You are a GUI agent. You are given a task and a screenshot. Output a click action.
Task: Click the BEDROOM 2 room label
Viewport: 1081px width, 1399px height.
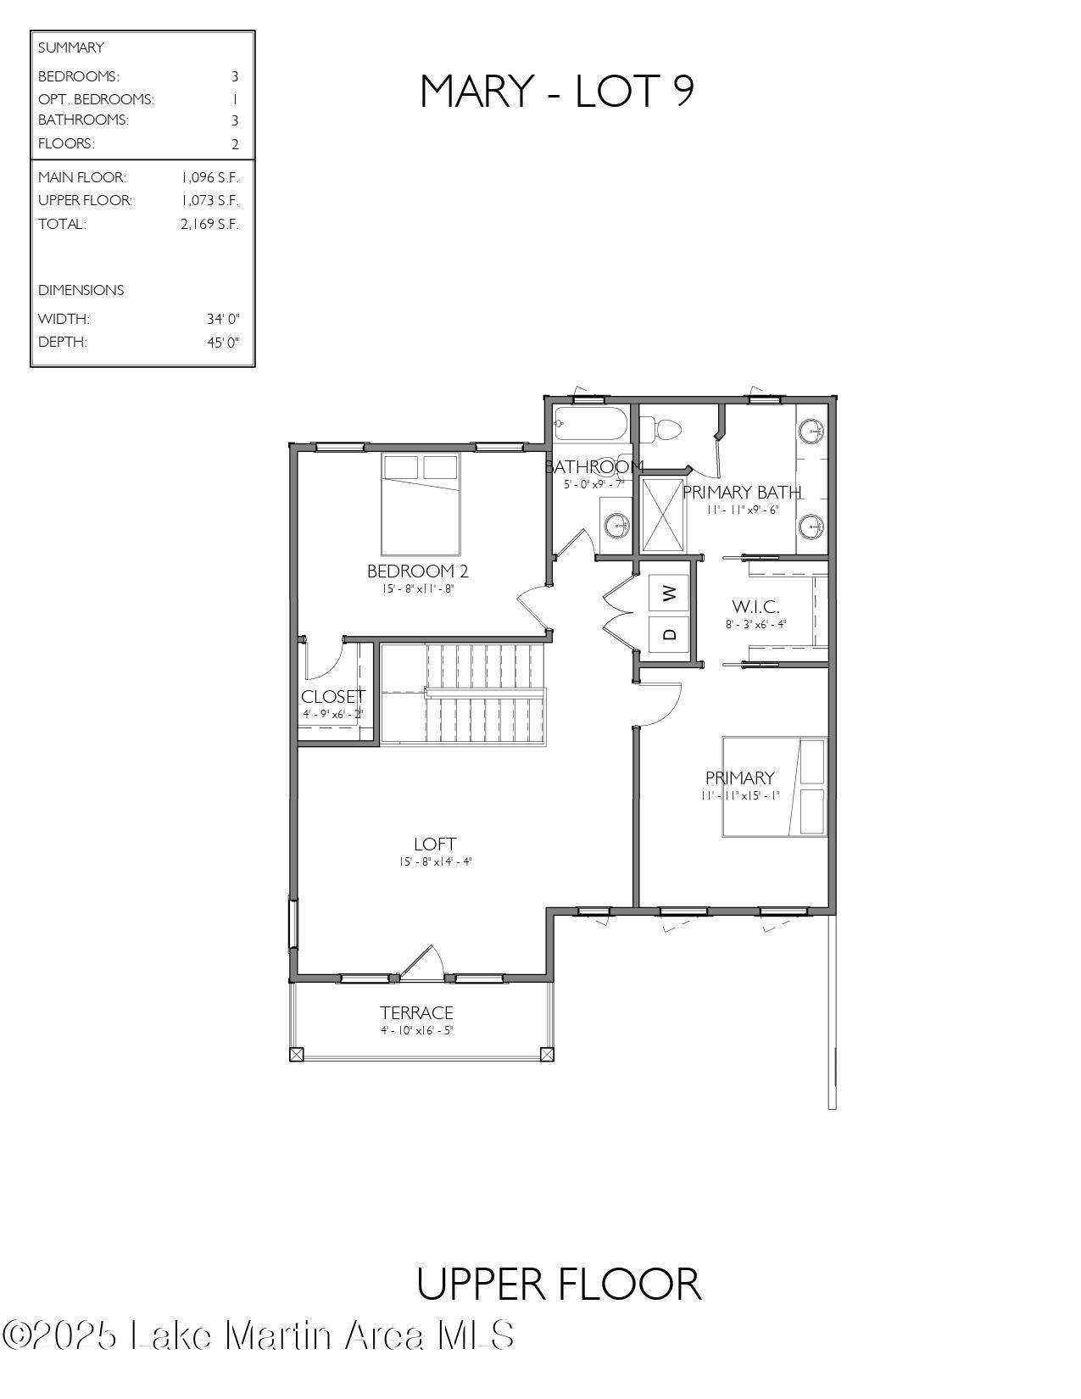(417, 571)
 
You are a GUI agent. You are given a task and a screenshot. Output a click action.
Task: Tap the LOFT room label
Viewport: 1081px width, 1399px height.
(435, 844)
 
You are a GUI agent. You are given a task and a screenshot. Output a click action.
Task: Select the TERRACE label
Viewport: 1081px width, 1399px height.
(416, 1012)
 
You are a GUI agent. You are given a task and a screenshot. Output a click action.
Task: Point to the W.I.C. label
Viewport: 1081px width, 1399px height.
(755, 606)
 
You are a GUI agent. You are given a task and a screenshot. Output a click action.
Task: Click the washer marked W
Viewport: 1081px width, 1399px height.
(670, 593)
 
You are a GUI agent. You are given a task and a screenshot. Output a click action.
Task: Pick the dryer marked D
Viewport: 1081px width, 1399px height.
(670, 634)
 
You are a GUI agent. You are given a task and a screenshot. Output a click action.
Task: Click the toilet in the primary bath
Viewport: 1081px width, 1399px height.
(660, 429)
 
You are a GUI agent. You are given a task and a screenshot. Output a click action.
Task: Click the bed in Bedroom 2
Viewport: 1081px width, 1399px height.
(421, 504)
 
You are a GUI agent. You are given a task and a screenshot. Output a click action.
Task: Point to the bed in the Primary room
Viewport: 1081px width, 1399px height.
(775, 787)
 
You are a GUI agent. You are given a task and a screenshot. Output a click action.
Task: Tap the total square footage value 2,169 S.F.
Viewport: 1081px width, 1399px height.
(209, 224)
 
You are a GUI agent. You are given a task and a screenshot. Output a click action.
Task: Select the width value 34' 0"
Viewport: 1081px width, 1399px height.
(223, 319)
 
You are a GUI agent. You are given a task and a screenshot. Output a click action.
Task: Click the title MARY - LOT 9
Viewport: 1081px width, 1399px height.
(558, 92)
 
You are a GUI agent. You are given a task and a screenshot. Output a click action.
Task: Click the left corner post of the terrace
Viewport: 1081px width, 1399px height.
(296, 1055)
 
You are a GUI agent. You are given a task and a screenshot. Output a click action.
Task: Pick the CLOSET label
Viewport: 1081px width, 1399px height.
(333, 697)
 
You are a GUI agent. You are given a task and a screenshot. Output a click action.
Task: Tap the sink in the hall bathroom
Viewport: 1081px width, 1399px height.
(617, 527)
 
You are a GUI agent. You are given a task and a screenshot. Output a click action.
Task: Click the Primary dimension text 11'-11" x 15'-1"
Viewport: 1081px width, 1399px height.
(740, 795)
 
